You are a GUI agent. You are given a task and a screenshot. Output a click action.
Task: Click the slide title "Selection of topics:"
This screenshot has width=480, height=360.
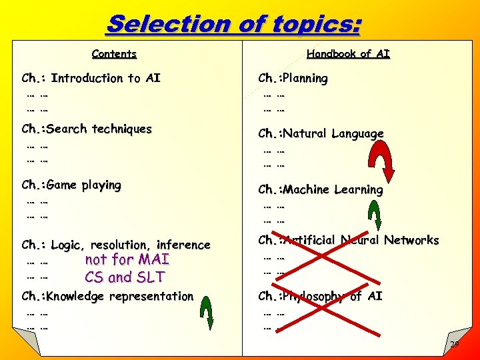[x=233, y=24]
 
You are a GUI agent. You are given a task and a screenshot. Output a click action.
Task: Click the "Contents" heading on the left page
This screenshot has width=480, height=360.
[x=114, y=54]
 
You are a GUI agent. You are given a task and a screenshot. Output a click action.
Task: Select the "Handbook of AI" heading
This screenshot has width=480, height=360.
[x=348, y=54]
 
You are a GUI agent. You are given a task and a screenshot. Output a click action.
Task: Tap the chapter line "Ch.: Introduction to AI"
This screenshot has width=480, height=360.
[x=91, y=78]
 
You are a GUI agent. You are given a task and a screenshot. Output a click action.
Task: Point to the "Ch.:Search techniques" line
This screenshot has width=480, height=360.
[x=87, y=129]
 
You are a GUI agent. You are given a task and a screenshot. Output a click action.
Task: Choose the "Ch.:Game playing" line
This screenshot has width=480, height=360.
[x=71, y=185]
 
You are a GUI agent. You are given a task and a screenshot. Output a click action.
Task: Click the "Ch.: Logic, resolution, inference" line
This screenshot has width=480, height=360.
[x=116, y=245]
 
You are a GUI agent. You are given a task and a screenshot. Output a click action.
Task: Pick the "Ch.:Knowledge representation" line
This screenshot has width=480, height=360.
[x=107, y=296]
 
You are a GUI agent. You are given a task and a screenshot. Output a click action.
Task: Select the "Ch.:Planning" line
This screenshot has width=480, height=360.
[x=293, y=78]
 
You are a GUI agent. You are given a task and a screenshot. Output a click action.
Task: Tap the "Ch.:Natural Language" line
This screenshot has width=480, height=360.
[x=321, y=133]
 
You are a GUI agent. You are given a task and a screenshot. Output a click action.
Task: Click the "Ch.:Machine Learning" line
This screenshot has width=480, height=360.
[x=321, y=189]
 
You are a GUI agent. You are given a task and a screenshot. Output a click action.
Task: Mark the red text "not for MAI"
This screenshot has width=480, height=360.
[x=127, y=259]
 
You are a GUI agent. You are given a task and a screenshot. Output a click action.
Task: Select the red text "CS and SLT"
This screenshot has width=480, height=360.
[x=125, y=277]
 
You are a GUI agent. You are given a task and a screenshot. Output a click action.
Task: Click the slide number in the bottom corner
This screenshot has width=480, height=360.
[x=455, y=344]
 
